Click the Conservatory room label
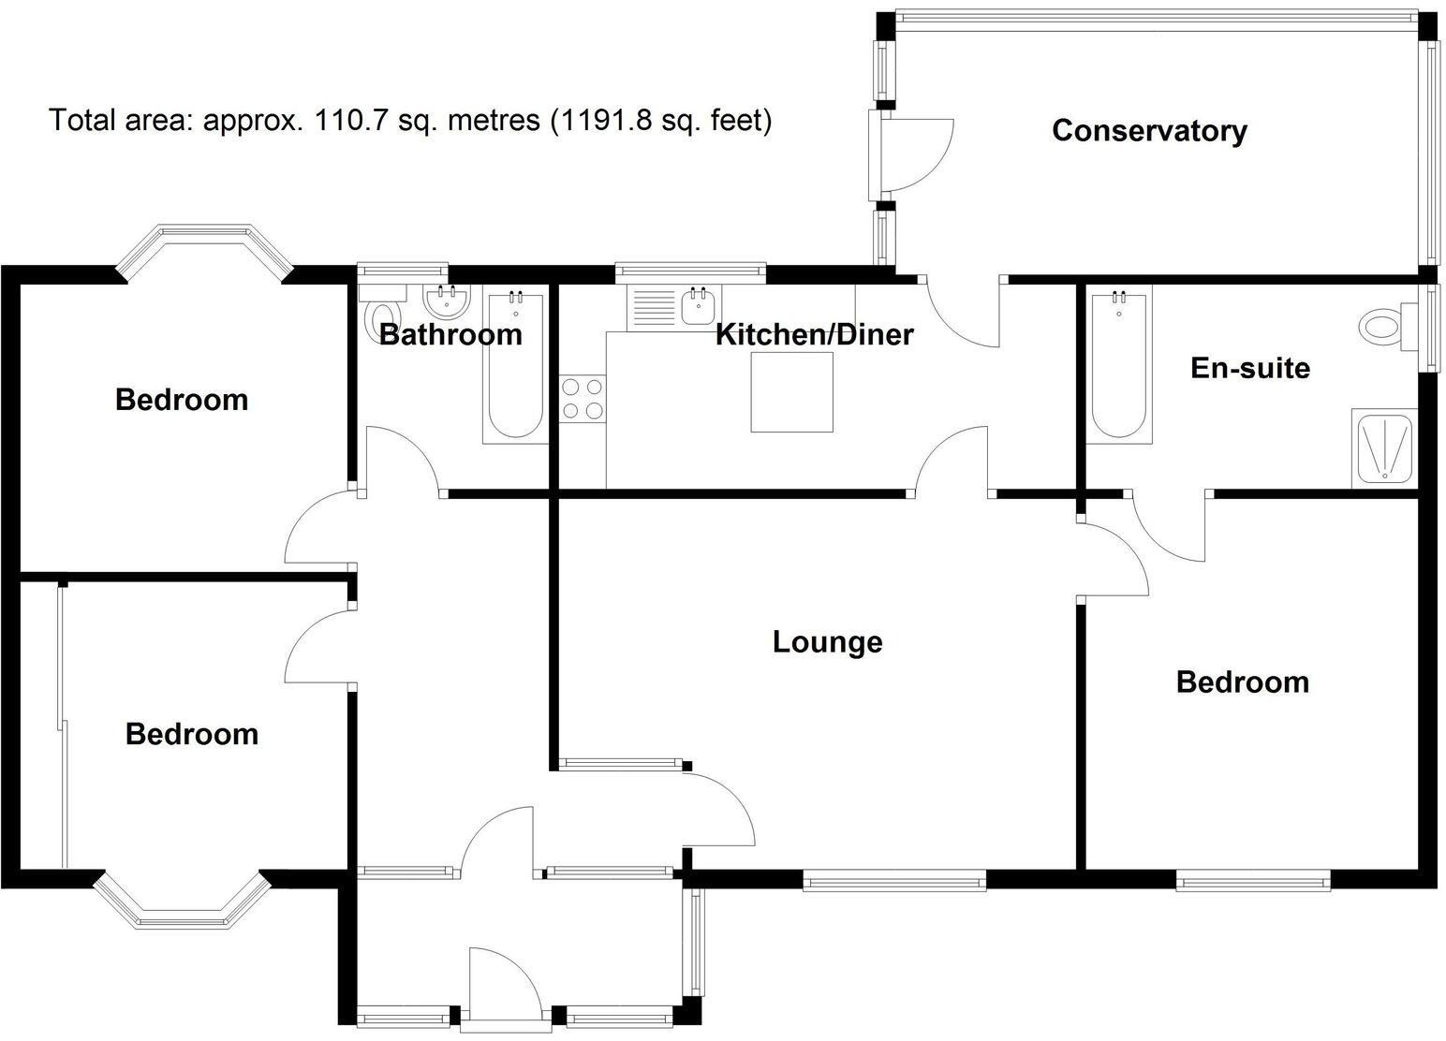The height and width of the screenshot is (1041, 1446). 1149,130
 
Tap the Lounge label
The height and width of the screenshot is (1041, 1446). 827,642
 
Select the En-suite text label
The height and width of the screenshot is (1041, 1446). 1249,368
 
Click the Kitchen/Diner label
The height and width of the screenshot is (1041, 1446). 814,334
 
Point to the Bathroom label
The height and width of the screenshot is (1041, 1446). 450,334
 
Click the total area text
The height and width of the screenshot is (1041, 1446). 410,121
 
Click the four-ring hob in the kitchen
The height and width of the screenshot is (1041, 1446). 582,398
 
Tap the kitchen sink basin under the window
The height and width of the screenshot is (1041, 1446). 700,306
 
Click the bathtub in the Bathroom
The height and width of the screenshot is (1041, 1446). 514,367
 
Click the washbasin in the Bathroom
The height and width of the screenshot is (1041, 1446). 447,301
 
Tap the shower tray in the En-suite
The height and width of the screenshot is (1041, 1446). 1384,447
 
